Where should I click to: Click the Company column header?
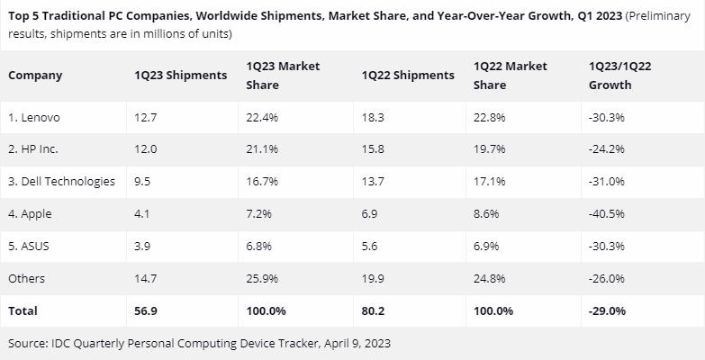click(x=35, y=76)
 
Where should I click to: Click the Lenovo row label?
click(x=36, y=116)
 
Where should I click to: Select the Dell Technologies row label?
click(x=61, y=181)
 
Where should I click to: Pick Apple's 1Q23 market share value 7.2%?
click(x=260, y=213)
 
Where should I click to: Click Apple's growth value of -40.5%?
click(x=605, y=213)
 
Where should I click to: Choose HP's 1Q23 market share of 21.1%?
click(x=262, y=148)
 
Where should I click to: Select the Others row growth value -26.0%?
click(x=605, y=278)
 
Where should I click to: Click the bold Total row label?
click(x=23, y=310)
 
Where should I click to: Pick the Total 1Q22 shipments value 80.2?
click(x=372, y=310)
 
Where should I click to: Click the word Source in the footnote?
click(x=28, y=343)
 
